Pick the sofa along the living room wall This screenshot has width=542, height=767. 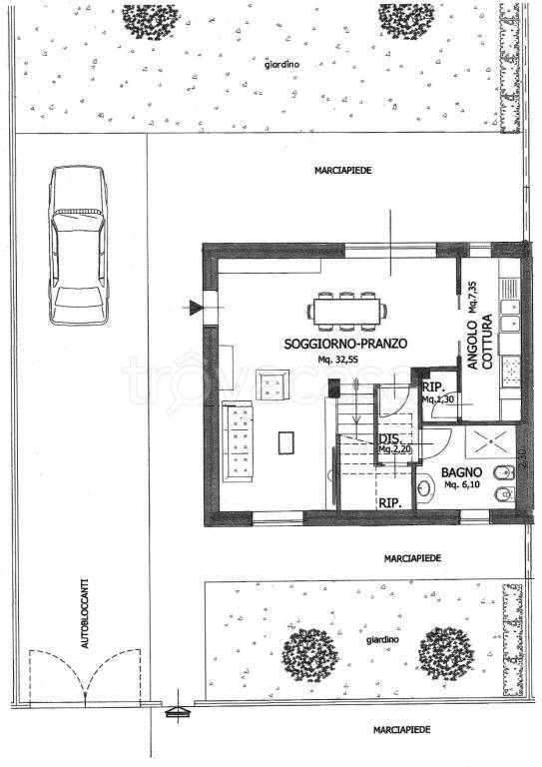click(240, 439)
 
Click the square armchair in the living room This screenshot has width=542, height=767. click(271, 385)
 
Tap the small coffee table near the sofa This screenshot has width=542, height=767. click(287, 441)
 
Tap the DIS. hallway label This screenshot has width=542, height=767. click(389, 439)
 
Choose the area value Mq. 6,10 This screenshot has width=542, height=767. click(464, 485)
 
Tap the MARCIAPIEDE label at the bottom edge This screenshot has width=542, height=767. click(403, 730)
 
